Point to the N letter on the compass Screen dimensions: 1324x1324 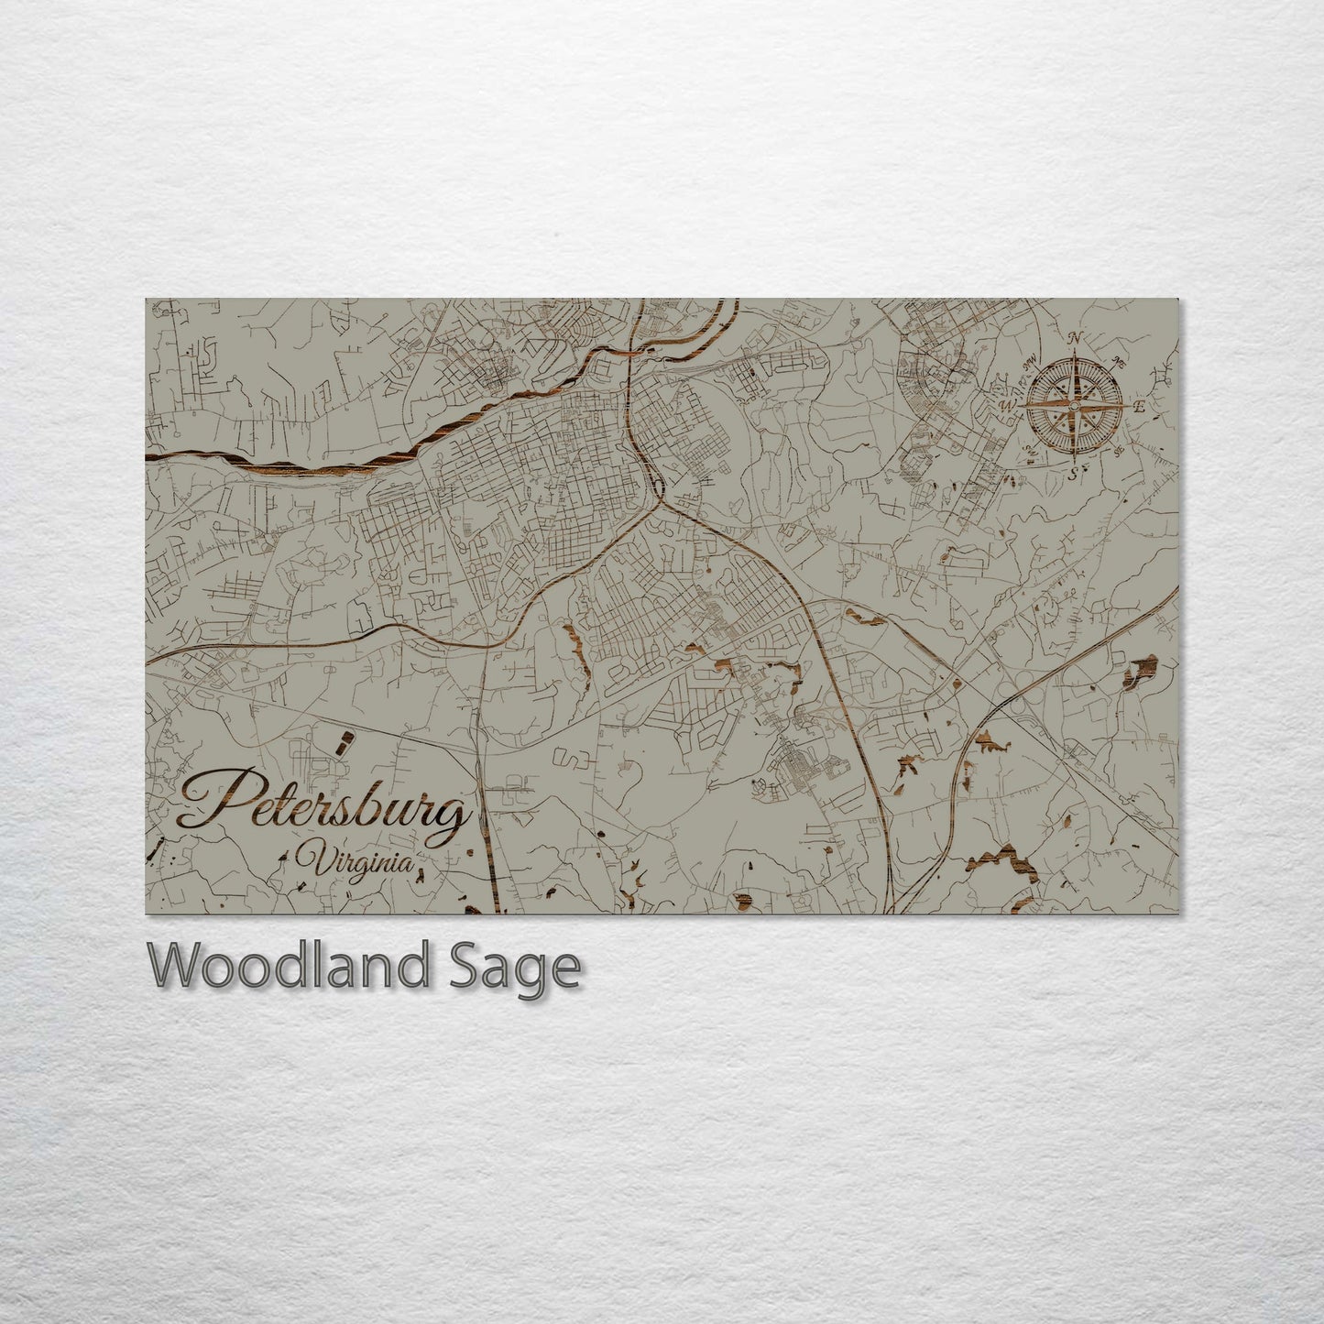[1076, 338]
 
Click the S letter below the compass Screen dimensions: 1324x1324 [1072, 473]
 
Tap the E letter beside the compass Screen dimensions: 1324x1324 [1139, 407]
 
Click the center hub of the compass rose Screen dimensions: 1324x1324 [1074, 405]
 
